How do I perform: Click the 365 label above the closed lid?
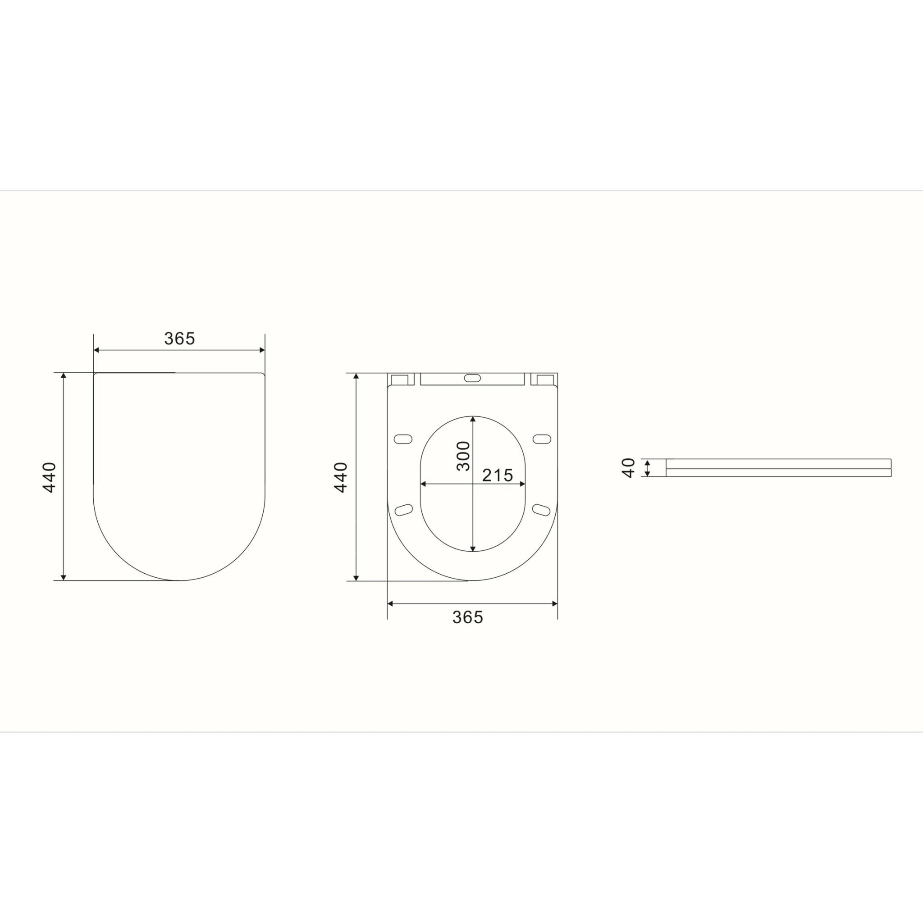tap(180, 338)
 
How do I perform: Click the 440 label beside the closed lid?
tap(50, 477)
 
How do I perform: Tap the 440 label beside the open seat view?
tap(341, 477)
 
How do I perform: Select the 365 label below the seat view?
tap(468, 617)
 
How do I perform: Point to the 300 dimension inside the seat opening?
tap(463, 456)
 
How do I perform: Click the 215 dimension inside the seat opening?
tap(498, 475)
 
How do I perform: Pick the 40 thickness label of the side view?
tap(629, 468)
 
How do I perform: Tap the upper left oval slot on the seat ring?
tap(403, 439)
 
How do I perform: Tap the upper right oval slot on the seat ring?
tap(542, 439)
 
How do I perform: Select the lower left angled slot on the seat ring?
tap(405, 510)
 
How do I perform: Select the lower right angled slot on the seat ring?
tap(541, 510)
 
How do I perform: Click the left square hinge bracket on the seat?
tap(400, 380)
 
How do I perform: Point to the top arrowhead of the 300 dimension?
tap(472, 419)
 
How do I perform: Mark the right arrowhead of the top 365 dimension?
tap(262, 350)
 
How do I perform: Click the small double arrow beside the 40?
tap(647, 468)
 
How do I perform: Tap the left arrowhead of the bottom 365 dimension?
tap(390, 603)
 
